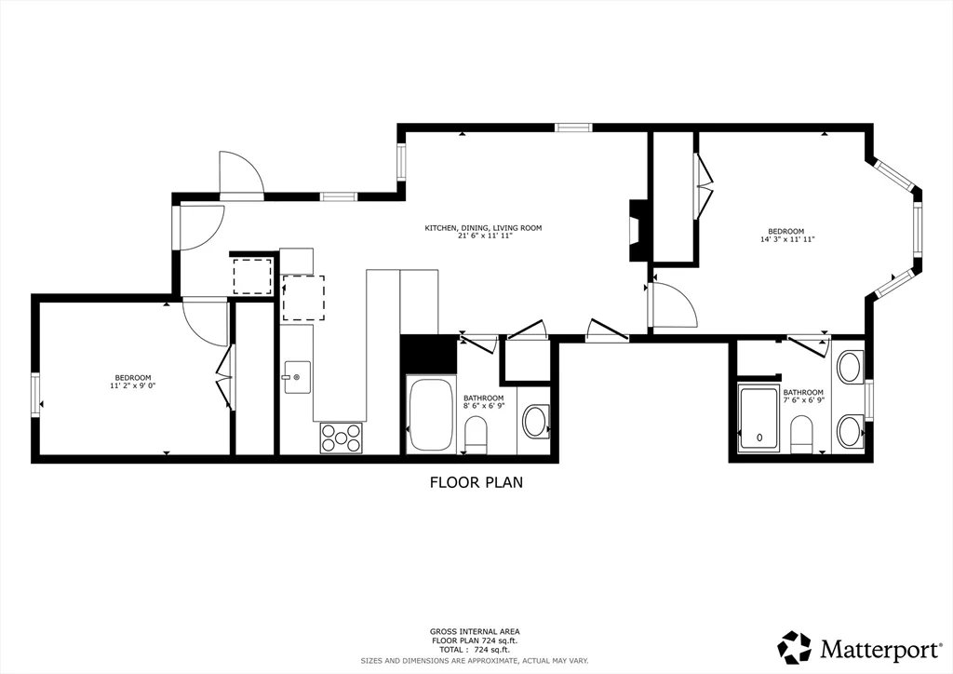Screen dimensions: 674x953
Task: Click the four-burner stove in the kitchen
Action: pyautogui.click(x=342, y=438)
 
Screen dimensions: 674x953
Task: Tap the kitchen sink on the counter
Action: pyautogui.click(x=295, y=377)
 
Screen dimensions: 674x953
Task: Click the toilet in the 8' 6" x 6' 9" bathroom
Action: pyautogui.click(x=475, y=434)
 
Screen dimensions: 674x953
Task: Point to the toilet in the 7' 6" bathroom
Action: pyautogui.click(x=800, y=433)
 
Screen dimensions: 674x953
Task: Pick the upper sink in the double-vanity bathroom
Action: pyautogui.click(x=849, y=368)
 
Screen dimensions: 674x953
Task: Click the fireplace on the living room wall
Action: pyautogui.click(x=638, y=230)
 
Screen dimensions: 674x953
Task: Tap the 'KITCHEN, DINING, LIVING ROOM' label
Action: pyautogui.click(x=483, y=228)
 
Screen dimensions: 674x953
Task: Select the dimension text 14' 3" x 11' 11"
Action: pyautogui.click(x=786, y=239)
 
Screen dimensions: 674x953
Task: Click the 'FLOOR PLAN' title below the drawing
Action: pyautogui.click(x=476, y=482)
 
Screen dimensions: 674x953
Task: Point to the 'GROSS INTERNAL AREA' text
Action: pyautogui.click(x=476, y=631)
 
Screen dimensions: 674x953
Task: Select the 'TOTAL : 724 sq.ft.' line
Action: pyautogui.click(x=476, y=649)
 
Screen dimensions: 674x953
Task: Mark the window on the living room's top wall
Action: pyautogui.click(x=573, y=128)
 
